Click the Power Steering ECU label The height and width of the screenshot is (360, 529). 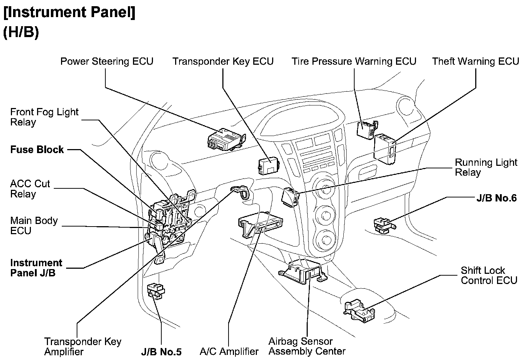(106, 61)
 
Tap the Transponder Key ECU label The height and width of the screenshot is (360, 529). (223, 61)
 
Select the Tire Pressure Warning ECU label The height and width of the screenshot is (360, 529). (354, 61)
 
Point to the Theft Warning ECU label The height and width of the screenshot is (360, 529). (475, 61)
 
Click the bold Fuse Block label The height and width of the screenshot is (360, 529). (37, 149)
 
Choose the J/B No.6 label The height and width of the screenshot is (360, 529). (496, 198)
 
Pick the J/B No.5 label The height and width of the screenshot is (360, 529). (161, 352)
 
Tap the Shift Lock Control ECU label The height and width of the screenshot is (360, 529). (488, 275)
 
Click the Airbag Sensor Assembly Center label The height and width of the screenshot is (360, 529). (307, 346)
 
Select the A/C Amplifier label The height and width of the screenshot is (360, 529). (229, 352)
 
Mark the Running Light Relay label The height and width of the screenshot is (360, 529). (486, 167)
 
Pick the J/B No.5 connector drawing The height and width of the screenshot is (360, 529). (156, 291)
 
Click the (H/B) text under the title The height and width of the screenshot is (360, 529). (21, 32)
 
